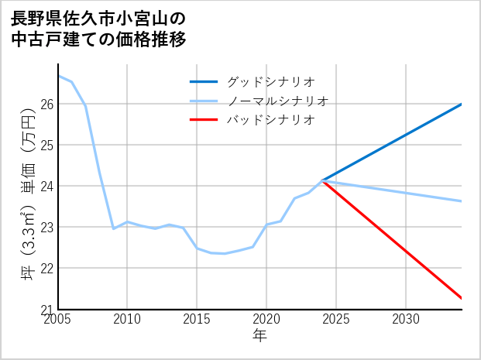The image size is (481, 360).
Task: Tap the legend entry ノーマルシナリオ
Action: click(278, 101)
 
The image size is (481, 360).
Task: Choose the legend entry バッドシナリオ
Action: click(270, 120)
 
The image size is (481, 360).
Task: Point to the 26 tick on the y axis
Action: click(46, 104)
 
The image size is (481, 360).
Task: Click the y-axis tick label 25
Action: click(46, 145)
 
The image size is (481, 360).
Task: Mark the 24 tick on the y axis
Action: click(46, 186)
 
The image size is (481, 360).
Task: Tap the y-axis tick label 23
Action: click(46, 227)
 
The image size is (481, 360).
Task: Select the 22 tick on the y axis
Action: click(46, 268)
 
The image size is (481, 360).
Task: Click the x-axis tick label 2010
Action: click(127, 319)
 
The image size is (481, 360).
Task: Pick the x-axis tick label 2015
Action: click(197, 319)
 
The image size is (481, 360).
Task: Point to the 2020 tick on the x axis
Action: click(266, 319)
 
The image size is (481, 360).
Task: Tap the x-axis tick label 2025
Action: click(336, 319)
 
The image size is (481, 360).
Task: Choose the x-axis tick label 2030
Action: click(406, 319)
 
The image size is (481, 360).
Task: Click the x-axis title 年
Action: click(260, 336)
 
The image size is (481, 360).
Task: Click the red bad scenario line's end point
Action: click(462, 298)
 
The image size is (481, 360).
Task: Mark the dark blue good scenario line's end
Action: click(462, 104)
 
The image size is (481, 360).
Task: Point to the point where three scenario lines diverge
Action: click(322, 180)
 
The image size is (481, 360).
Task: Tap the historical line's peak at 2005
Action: click(59, 76)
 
